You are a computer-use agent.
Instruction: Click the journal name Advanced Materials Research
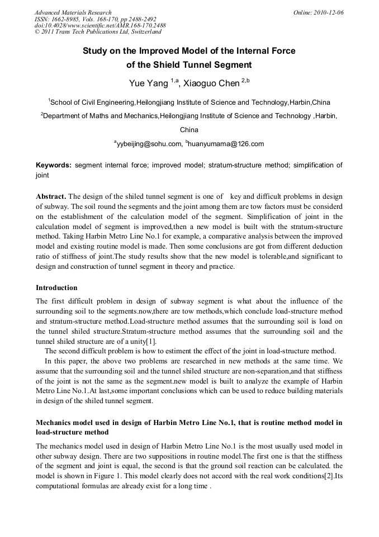[73, 12]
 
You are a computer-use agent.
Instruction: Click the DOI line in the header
[100, 26]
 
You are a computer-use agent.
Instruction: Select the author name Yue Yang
[148, 84]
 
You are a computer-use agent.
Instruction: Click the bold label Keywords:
[54, 165]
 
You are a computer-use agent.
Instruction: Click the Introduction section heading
[56, 288]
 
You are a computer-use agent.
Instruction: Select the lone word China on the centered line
[189, 130]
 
